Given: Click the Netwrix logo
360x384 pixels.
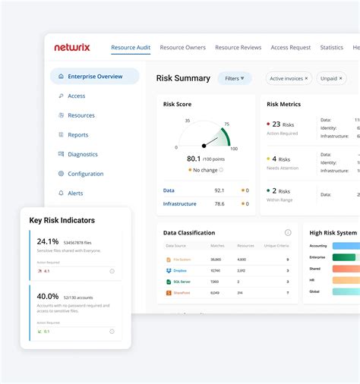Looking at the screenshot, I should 71,47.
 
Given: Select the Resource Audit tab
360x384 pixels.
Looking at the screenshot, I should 131,48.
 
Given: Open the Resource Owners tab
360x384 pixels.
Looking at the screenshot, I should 182,48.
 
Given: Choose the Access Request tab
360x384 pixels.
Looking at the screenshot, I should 291,48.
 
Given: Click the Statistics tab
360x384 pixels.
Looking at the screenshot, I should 331,48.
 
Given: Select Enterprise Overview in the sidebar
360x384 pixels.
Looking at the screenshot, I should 94,77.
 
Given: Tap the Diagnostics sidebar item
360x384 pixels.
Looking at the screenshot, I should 82,154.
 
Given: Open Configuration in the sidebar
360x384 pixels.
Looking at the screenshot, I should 85,174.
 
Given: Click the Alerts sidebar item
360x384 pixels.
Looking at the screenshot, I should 75,193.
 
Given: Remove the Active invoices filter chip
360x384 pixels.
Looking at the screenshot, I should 307,78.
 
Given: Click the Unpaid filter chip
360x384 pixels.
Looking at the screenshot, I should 330,78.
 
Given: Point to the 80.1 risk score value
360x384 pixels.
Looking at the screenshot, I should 194,159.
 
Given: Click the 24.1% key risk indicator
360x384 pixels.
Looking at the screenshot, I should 48,241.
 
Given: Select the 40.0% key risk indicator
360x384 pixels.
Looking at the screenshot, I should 48,296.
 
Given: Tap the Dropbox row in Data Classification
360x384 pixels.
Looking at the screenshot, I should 180,270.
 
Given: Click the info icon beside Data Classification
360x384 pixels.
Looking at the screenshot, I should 288,233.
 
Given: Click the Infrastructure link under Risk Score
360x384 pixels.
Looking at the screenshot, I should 179,203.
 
